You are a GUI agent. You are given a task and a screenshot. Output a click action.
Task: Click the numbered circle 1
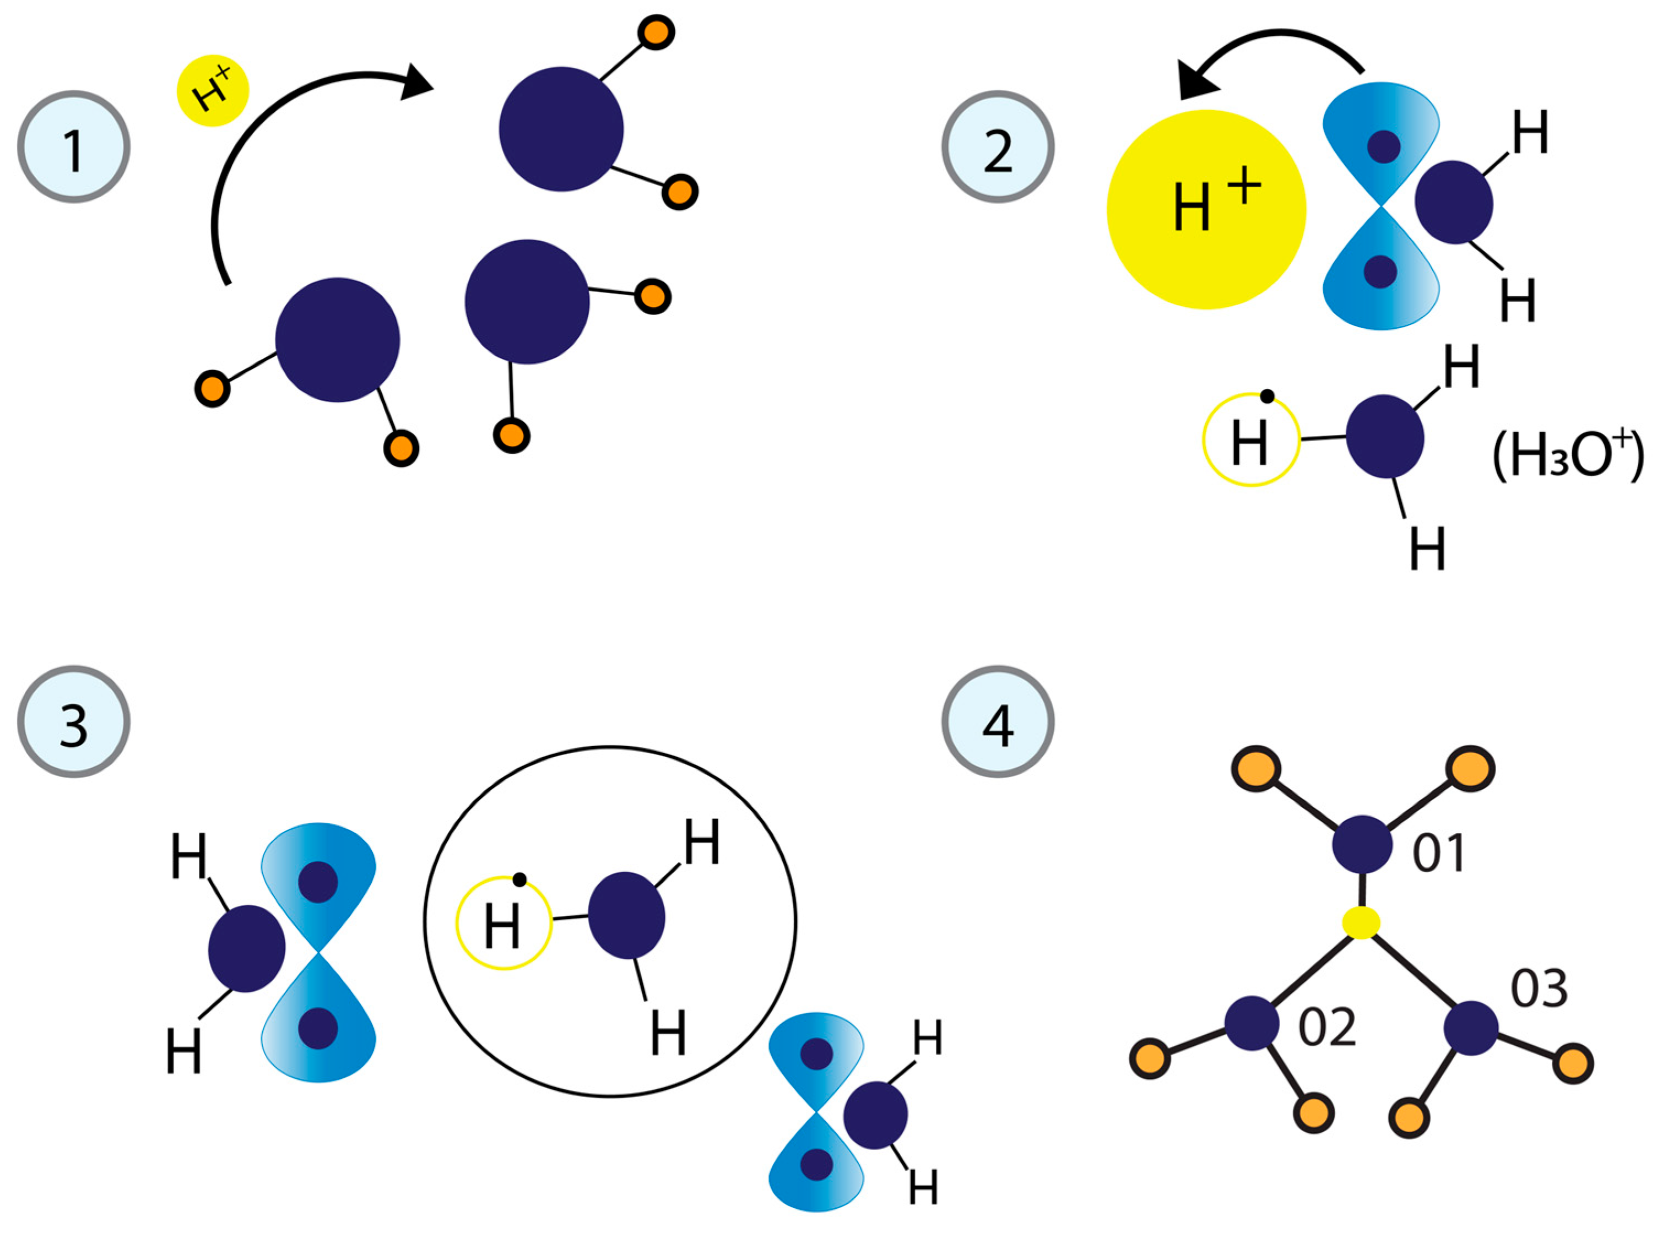[x=73, y=147]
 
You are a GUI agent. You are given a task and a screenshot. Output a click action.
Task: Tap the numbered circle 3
[x=73, y=722]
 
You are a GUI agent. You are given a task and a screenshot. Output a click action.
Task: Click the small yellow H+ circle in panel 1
[x=213, y=90]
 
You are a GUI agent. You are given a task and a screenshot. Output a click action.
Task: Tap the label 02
[x=1326, y=1028]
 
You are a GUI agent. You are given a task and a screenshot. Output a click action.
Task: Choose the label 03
[x=1539, y=989]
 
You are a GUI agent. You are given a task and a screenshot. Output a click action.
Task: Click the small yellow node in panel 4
[x=1361, y=924]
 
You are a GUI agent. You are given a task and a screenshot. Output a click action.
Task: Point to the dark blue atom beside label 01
[x=1362, y=844]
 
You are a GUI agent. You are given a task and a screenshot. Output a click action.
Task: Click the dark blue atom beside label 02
[x=1252, y=1023]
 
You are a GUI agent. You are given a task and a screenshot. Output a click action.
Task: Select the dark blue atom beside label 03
[x=1470, y=1029]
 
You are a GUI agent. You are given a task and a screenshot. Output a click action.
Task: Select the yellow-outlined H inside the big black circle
[x=504, y=922]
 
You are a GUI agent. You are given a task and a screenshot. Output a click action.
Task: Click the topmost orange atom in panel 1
[x=656, y=32]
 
